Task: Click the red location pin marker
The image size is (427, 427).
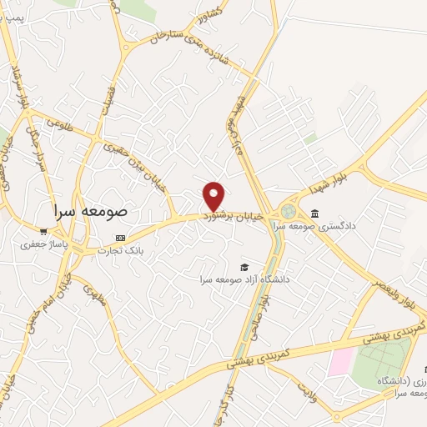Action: tap(213, 196)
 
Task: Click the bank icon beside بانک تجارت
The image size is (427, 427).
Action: tap(121, 238)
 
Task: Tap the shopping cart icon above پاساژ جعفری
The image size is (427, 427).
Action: tap(43, 231)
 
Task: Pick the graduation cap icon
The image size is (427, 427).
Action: tap(244, 267)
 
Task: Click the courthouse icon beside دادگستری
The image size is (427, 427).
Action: tap(314, 213)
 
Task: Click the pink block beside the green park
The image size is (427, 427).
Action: tap(340, 361)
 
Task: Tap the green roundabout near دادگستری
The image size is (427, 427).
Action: tap(289, 212)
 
